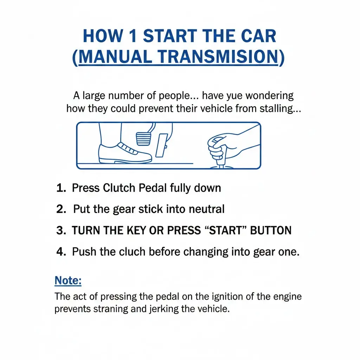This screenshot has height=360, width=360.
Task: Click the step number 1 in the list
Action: click(x=61, y=188)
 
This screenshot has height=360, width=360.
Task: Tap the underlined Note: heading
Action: click(x=68, y=281)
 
